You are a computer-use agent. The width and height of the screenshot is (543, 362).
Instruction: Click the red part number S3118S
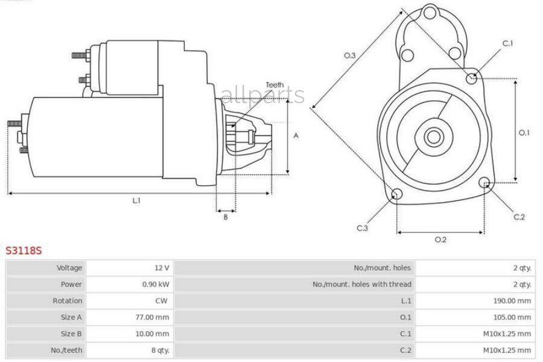point(24,249)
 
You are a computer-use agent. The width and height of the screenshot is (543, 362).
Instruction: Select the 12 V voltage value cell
point(161,267)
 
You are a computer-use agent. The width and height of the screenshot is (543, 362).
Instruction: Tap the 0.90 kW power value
point(156,284)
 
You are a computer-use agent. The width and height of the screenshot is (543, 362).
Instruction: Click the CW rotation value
point(163,300)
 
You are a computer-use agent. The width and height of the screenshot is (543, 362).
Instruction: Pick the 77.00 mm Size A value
point(153,317)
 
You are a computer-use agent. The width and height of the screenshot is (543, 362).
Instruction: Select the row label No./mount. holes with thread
point(362,284)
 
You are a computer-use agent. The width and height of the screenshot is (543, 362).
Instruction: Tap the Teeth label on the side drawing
point(274,85)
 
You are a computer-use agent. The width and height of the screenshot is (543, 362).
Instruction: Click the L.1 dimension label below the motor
point(137,201)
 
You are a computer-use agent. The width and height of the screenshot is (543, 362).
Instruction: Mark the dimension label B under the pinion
point(226,217)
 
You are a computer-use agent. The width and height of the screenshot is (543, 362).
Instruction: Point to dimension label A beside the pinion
point(296,136)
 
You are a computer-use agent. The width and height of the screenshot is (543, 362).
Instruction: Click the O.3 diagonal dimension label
point(350,56)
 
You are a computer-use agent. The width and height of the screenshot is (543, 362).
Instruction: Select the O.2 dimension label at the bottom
point(440,240)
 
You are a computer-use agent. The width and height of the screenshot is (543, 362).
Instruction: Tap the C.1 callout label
point(508,43)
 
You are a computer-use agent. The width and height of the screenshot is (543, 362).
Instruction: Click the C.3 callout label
point(362,228)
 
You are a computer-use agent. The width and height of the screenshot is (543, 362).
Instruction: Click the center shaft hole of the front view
point(432,136)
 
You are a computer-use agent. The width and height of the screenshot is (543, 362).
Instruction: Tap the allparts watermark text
point(263,95)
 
